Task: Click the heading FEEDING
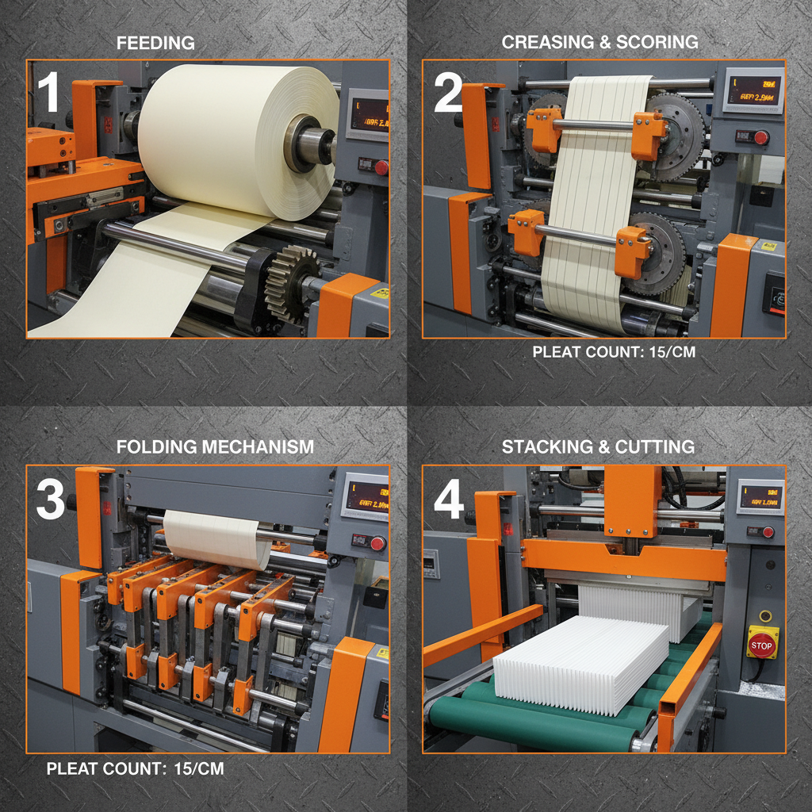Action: (155, 43)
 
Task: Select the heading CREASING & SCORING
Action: (599, 43)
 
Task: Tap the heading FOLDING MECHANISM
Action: (215, 447)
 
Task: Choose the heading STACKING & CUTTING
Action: (598, 447)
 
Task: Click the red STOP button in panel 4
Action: (760, 645)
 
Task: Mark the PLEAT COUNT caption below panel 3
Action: (135, 768)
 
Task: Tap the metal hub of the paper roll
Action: (306, 144)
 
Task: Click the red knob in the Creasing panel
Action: (761, 138)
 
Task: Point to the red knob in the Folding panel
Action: (377, 543)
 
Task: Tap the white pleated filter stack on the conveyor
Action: (583, 659)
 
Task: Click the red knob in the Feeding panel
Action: (381, 167)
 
